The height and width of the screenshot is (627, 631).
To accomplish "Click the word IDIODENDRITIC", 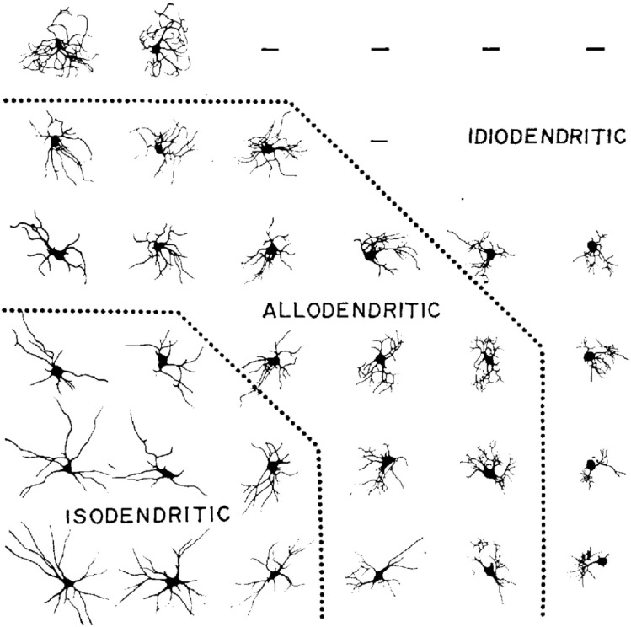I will pyautogui.click(x=547, y=136).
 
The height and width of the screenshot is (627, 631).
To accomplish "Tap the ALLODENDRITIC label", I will pyautogui.click(x=351, y=310).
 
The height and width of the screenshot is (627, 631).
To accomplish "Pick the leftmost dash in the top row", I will pyautogui.click(x=270, y=50).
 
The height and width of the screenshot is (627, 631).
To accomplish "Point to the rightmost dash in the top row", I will pyautogui.click(x=595, y=50).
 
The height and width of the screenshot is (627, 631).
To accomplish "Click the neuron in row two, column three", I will pyautogui.click(x=266, y=147).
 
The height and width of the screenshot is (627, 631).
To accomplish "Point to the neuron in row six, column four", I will pyautogui.click(x=381, y=573).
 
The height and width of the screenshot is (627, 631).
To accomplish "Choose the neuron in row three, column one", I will pyautogui.click(x=56, y=251).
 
